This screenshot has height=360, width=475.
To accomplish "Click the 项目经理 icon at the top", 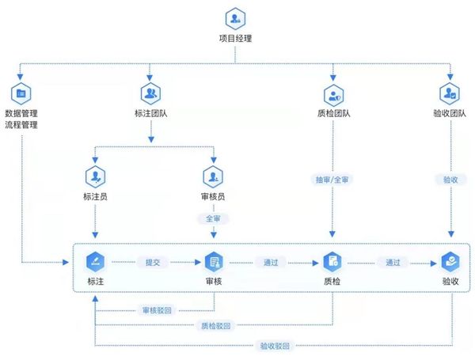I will [x=235, y=18].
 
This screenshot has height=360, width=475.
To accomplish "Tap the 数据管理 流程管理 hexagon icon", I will [x=21, y=93].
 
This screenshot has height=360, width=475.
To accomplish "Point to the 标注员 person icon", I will [x=95, y=175].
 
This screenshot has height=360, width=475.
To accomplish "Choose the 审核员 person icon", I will [x=214, y=175].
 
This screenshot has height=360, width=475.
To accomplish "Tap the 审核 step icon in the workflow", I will [x=214, y=261].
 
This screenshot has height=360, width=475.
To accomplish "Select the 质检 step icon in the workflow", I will [x=331, y=261].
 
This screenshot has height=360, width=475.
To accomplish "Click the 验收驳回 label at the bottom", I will [x=274, y=345].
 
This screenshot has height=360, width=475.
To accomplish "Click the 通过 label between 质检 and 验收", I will [x=392, y=262].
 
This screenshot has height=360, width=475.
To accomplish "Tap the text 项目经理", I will [x=235, y=38].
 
